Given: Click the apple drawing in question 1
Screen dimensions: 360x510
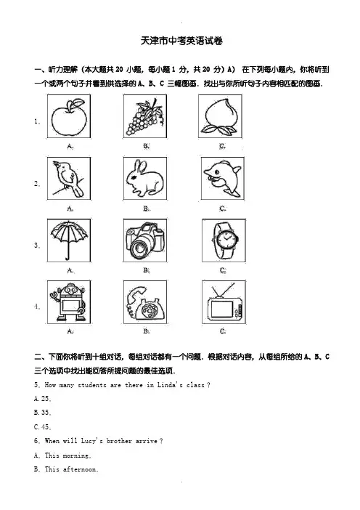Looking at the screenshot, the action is [x=69, y=117].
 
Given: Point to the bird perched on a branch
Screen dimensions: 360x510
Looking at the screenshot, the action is [x=68, y=179].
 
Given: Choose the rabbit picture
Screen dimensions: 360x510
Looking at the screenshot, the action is [x=144, y=178].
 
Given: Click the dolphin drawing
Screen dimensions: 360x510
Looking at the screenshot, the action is [x=223, y=179].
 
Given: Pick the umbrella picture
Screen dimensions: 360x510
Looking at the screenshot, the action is [x=69, y=240].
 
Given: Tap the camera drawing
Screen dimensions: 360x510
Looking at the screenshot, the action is [x=145, y=240].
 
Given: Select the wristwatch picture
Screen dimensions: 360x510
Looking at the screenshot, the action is [x=224, y=240].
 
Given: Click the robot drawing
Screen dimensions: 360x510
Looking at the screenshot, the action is [x=68, y=302].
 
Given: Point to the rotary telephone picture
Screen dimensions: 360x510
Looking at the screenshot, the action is [x=145, y=303].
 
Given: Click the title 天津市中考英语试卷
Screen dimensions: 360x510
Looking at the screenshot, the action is [x=181, y=41].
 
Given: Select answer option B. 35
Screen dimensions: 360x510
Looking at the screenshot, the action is [x=43, y=413].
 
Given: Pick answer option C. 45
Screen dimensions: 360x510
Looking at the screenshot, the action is [x=43, y=426].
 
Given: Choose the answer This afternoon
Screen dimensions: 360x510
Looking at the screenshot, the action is [x=71, y=469].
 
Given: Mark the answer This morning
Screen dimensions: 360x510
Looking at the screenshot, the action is [x=67, y=455].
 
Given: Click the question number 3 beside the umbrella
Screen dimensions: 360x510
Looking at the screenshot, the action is [x=36, y=245].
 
